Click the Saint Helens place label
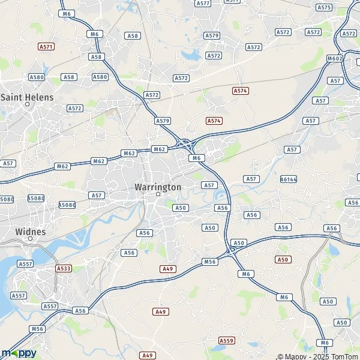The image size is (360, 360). point(28,97)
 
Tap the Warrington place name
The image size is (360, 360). point(158,187)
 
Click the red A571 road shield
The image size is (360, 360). point(46,46)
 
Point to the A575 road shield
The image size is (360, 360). point(324,7)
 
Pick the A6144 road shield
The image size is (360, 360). point(289,179)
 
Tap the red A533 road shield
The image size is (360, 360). point(64,268)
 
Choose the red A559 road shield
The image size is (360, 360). point(226,340)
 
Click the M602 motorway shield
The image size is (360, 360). point(335,59)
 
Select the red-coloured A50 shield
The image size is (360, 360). point(283,259)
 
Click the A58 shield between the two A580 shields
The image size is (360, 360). point(70,77)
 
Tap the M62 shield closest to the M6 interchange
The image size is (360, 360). point(159,149)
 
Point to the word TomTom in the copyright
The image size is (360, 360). point(343,356)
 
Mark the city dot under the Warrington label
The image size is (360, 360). point(158,194)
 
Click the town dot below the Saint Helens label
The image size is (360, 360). point(27,104)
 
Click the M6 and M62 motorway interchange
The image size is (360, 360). point(186,144)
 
